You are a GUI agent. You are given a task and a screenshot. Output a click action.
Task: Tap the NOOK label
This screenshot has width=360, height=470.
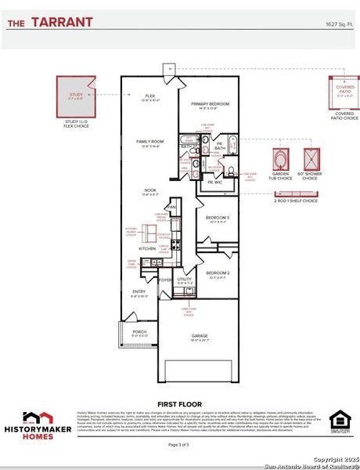[149, 190]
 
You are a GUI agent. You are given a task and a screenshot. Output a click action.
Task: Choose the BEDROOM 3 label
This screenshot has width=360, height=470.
[218, 217]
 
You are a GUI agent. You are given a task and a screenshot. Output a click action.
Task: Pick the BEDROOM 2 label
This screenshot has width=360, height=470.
[218, 273]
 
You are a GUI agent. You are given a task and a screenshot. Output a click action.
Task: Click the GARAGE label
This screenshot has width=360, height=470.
[200, 336]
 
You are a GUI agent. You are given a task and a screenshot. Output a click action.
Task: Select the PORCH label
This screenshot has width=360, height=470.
[139, 331]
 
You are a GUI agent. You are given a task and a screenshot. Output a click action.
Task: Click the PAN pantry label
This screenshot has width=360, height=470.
[171, 207]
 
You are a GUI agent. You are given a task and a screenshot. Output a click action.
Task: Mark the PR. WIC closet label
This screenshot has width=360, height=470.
[214, 182]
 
